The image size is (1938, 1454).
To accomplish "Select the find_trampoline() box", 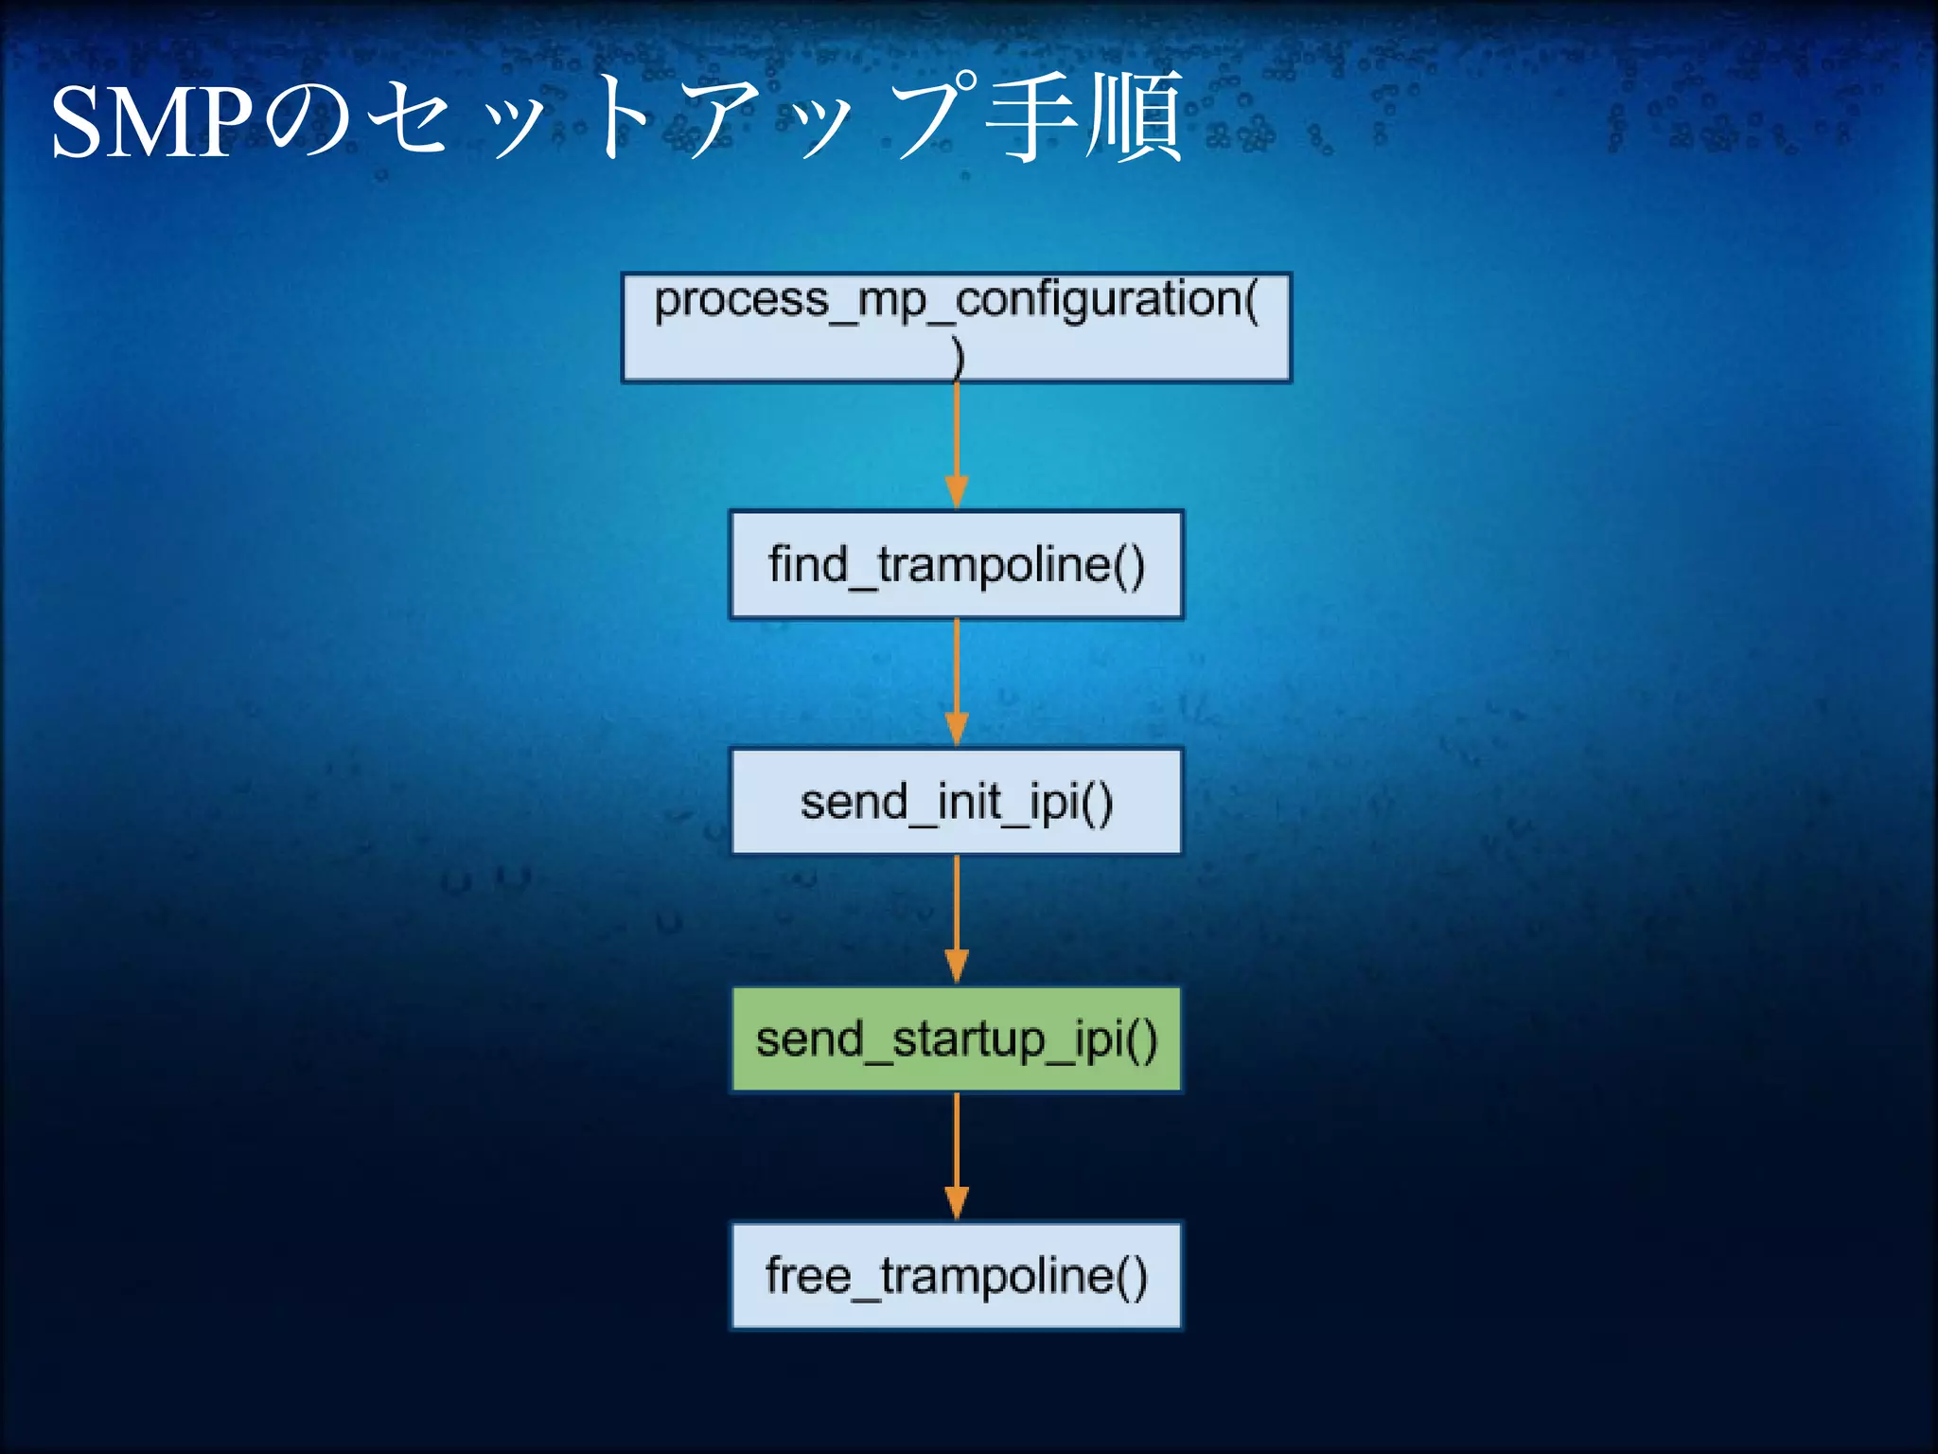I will click(x=956, y=565).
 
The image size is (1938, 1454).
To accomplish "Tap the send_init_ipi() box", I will click(x=956, y=802).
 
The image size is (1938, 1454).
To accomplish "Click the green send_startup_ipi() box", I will click(x=956, y=1039).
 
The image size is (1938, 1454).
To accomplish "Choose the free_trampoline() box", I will click(x=956, y=1276).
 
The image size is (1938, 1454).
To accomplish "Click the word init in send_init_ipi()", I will click(x=968, y=802).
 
